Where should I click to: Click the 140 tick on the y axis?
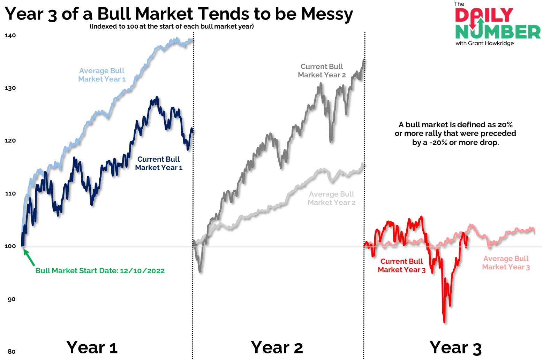pyautogui.click(x=10, y=36)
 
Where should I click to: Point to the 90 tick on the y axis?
pyautogui.click(x=11, y=299)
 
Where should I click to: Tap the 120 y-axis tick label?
pyautogui.click(x=10, y=141)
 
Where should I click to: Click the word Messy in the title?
pyautogui.click(x=327, y=14)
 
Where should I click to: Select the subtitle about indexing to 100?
pyautogui.click(x=172, y=26)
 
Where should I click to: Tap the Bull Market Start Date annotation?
pyautogui.click(x=100, y=271)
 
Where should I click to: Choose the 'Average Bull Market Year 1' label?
pyautogui.click(x=101, y=75)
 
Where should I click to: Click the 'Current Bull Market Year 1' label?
pyautogui.click(x=159, y=163)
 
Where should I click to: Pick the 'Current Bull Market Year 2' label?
pyautogui.click(x=322, y=71)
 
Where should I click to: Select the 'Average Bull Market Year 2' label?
pyautogui.click(x=331, y=198)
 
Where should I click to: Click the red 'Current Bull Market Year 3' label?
pyautogui.click(x=401, y=266)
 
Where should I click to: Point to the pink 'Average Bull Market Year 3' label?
pyautogui.click(x=506, y=263)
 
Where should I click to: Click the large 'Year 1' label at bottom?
pyautogui.click(x=92, y=347)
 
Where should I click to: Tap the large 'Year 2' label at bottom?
pyautogui.click(x=277, y=347)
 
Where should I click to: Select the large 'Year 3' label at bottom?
pyautogui.click(x=455, y=348)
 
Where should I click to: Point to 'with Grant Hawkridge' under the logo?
pyautogui.click(x=484, y=44)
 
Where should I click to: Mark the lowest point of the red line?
pyautogui.click(x=444, y=322)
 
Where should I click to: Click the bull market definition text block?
pyautogui.click(x=455, y=133)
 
